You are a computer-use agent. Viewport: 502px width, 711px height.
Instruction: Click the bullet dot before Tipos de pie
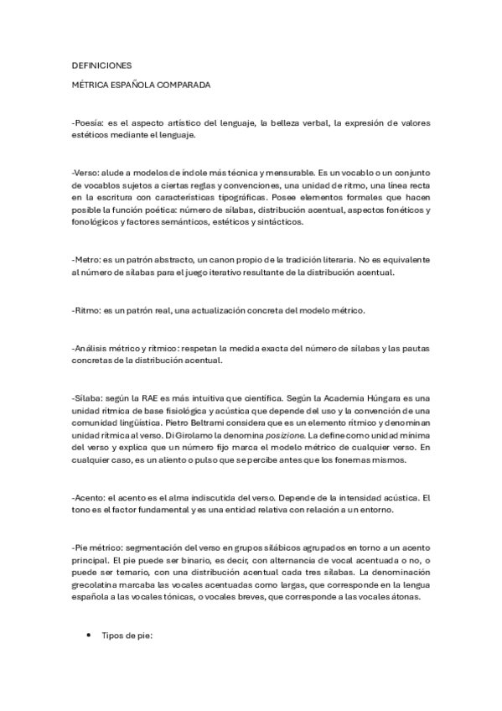(x=89, y=636)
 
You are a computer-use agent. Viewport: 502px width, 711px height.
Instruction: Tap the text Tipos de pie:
(x=126, y=636)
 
